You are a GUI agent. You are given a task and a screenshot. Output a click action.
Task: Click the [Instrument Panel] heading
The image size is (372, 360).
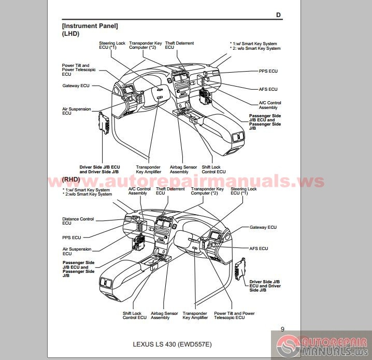[90, 25]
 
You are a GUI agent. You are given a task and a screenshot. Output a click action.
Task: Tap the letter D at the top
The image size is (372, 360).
[278, 15]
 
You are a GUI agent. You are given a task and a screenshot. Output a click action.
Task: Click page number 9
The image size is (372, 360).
[282, 329]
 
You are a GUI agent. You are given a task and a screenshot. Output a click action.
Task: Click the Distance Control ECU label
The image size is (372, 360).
[78, 221]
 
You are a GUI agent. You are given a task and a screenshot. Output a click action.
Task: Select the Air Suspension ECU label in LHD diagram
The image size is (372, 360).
[76, 112]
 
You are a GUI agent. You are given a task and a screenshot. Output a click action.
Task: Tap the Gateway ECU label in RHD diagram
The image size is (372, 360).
[263, 227]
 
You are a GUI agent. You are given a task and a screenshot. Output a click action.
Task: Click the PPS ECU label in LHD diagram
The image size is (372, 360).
[268, 71]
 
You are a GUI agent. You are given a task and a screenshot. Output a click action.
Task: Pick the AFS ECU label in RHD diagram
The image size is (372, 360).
[259, 248]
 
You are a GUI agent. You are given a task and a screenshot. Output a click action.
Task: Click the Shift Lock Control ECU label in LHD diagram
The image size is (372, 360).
[213, 170]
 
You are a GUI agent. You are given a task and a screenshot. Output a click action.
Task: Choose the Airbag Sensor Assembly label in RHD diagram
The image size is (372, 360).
[164, 315]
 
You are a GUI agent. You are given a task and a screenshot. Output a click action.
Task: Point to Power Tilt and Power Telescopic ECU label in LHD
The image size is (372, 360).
[76, 70]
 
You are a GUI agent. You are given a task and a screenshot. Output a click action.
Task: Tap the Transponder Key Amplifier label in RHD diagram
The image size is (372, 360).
[195, 315]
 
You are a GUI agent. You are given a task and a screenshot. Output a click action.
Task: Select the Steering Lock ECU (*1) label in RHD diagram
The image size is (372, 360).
[244, 191]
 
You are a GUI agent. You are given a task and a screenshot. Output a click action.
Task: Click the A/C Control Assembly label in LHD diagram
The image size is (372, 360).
[270, 105]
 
